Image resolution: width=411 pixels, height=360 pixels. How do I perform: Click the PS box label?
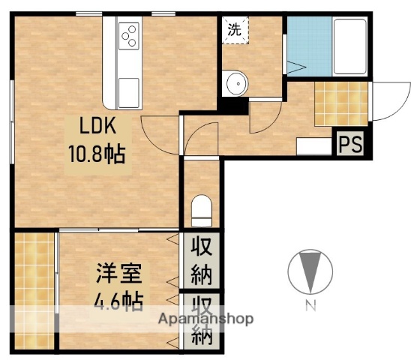point(350,144)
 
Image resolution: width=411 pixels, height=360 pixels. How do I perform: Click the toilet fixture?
point(202,210)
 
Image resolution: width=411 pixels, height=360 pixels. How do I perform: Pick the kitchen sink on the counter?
point(128,88)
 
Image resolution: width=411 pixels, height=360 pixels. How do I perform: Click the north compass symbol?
point(309,271)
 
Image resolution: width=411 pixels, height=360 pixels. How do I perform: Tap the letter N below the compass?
point(309,306)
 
